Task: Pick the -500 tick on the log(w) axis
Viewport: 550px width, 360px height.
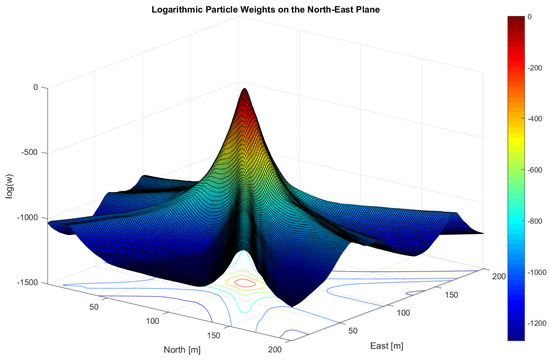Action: [x=28, y=152]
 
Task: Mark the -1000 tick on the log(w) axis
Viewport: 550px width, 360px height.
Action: [x=26, y=217]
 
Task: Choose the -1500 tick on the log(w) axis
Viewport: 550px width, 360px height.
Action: [x=26, y=282]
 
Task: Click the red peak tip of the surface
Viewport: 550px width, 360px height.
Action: [x=246, y=91]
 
